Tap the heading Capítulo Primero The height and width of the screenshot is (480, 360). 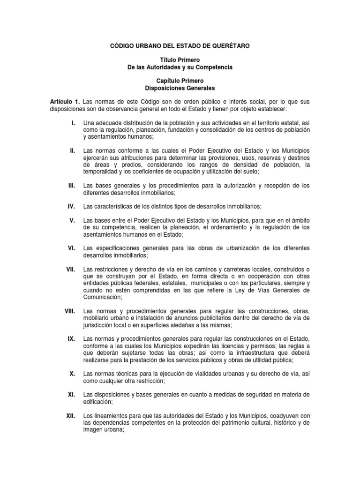coord(180,81)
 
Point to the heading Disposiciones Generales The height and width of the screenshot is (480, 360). coord(180,88)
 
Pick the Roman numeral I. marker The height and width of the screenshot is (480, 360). coord(73,123)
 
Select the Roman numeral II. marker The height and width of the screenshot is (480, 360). coord(72,150)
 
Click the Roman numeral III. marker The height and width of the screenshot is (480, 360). coord(72,186)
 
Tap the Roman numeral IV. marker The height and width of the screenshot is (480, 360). coord(72,206)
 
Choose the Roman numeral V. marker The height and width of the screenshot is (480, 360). coord(72,220)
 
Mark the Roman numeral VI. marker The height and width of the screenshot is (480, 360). coord(72,247)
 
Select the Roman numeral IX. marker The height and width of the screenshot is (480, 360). coord(72,338)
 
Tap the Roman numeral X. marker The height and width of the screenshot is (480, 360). coord(72,373)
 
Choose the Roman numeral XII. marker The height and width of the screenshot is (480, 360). coord(71,415)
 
